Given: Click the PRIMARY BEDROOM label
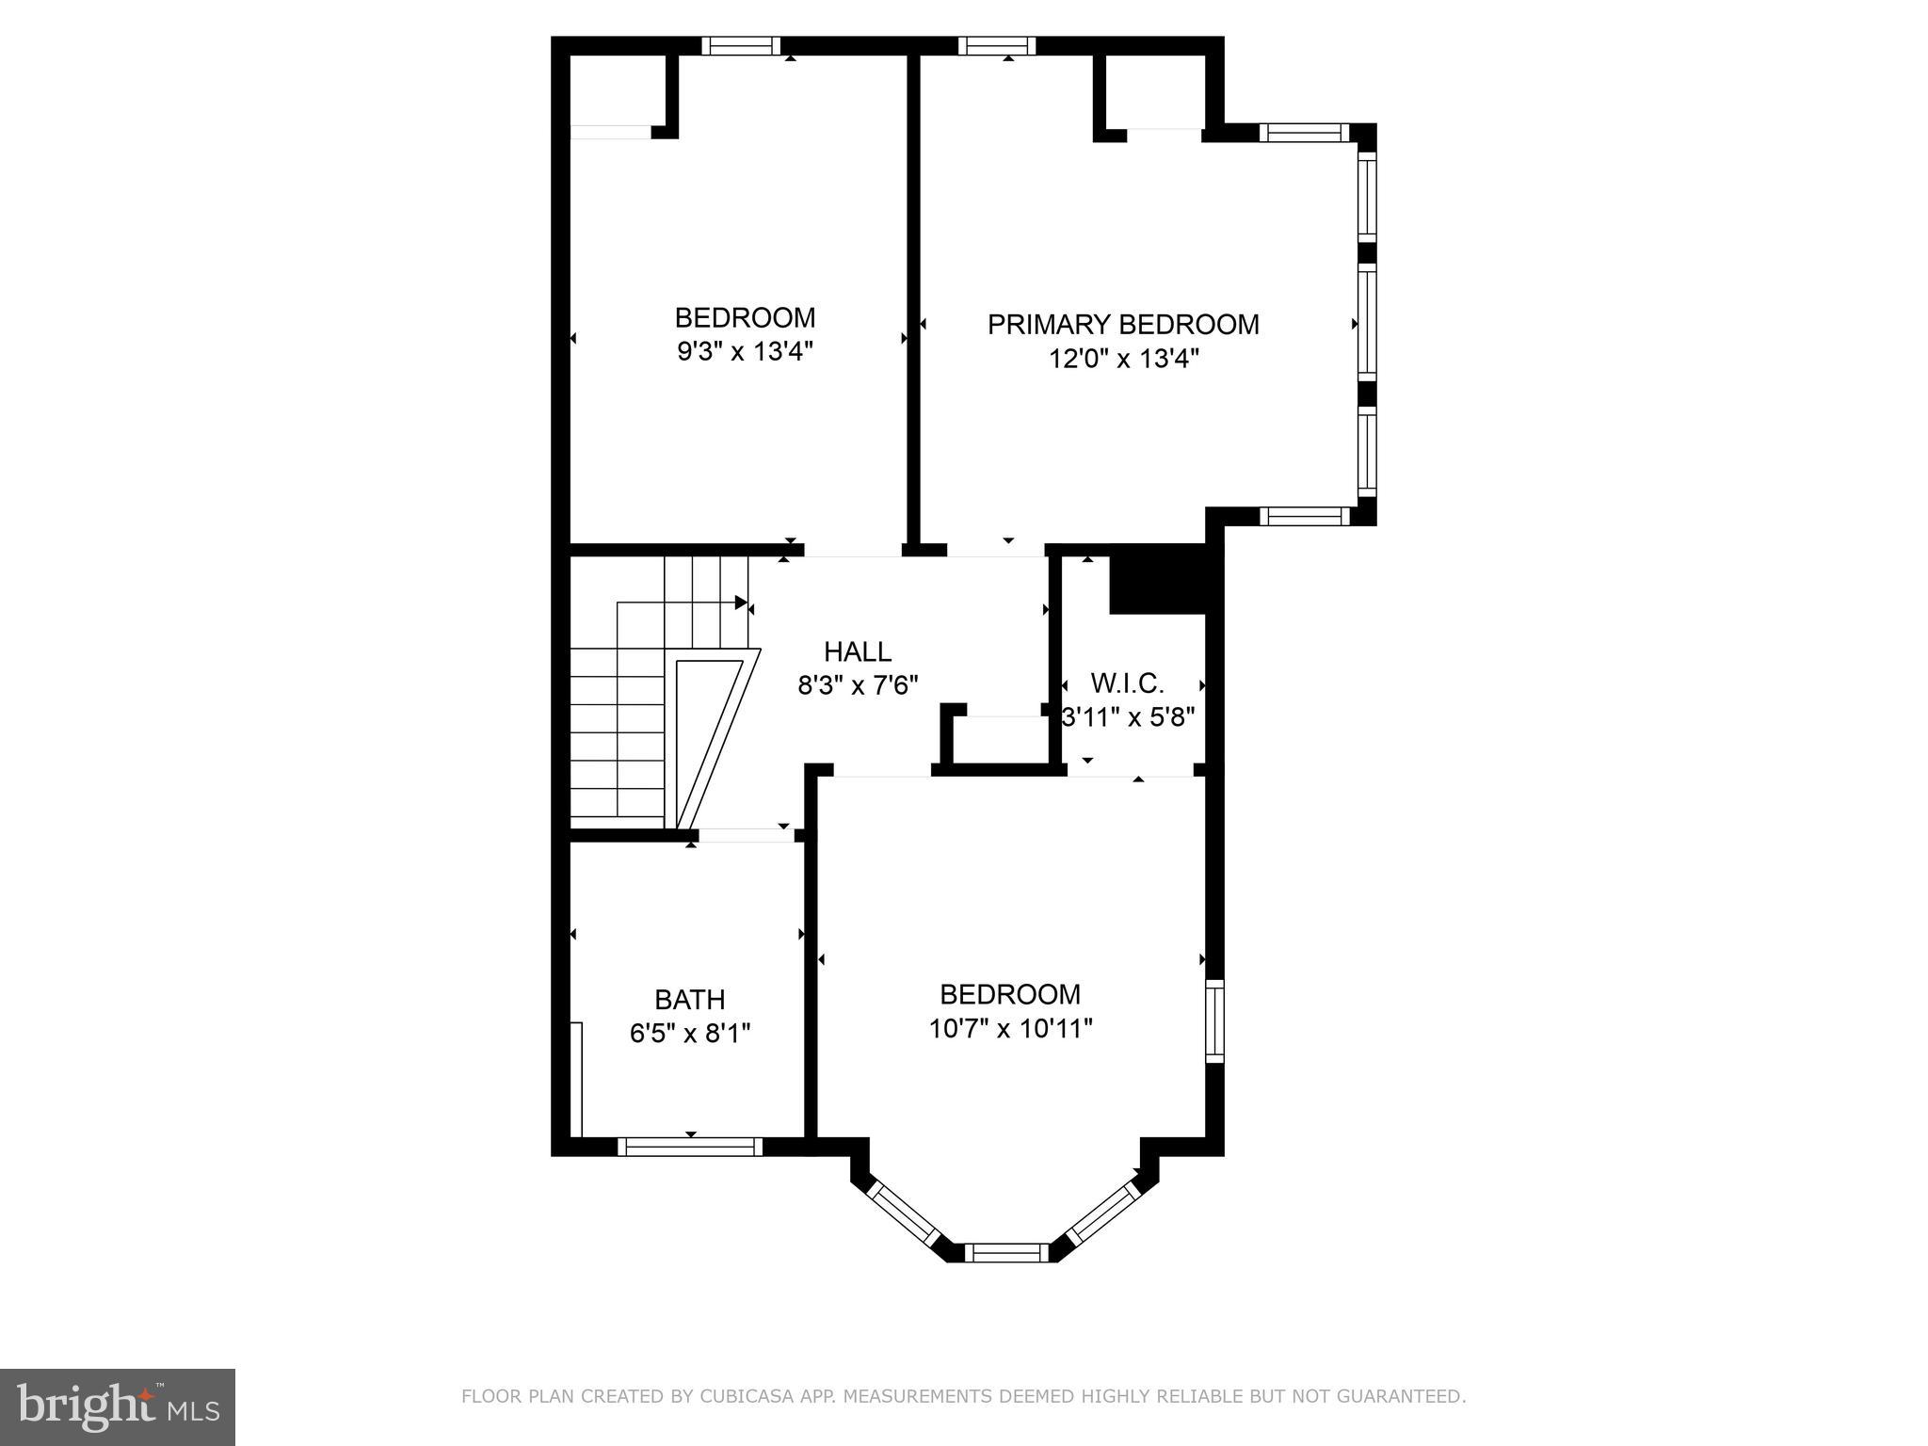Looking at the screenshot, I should click(x=1123, y=325).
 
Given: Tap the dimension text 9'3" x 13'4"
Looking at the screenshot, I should click(x=745, y=352).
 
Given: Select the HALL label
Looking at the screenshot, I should click(x=858, y=651).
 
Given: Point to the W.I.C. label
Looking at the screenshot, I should click(x=1127, y=683).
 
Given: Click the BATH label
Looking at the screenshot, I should click(x=690, y=999).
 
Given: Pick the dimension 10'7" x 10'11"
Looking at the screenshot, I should click(x=1010, y=1028).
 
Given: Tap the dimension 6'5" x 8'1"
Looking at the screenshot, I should click(x=690, y=1034).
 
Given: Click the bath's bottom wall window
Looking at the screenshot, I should click(x=690, y=1146).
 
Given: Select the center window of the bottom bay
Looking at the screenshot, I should click(x=1006, y=1252).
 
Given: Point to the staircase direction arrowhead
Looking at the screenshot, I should click(x=741, y=602).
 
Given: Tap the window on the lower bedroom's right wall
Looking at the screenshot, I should click(x=1214, y=1020).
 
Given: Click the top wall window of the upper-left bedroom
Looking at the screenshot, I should click(x=741, y=45).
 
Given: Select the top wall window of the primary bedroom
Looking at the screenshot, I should click(x=997, y=45).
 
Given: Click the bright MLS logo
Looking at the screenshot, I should click(x=118, y=1407).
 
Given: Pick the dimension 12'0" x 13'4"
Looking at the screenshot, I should click(x=1124, y=359).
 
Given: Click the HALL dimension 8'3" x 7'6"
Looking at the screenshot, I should click(x=858, y=685).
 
